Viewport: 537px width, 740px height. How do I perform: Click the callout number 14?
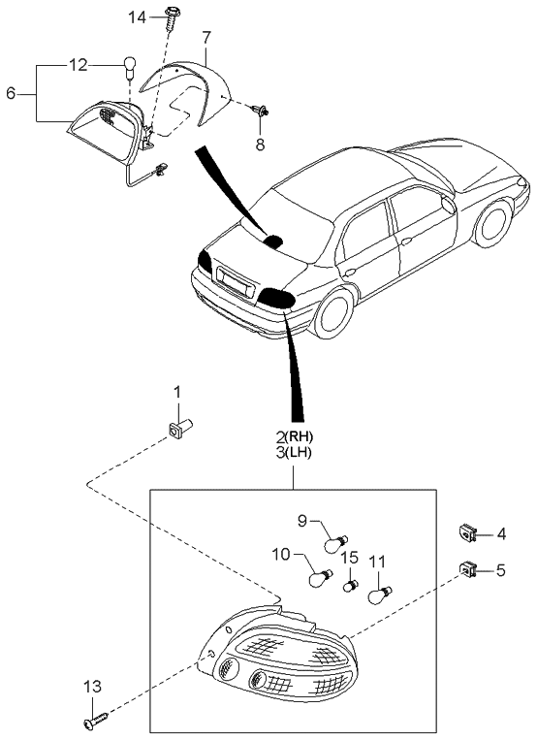click(x=138, y=16)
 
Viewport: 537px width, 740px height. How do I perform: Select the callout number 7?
click(x=206, y=38)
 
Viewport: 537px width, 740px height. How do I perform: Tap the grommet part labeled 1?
click(x=180, y=428)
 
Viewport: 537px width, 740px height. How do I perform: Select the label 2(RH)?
click(x=292, y=435)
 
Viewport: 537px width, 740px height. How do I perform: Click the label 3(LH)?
click(x=292, y=453)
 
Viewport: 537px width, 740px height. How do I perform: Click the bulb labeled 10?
click(x=317, y=579)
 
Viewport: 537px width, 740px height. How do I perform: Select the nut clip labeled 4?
click(x=468, y=531)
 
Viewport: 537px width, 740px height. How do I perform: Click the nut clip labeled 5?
click(x=468, y=569)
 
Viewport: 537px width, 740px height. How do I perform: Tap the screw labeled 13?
click(x=97, y=721)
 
